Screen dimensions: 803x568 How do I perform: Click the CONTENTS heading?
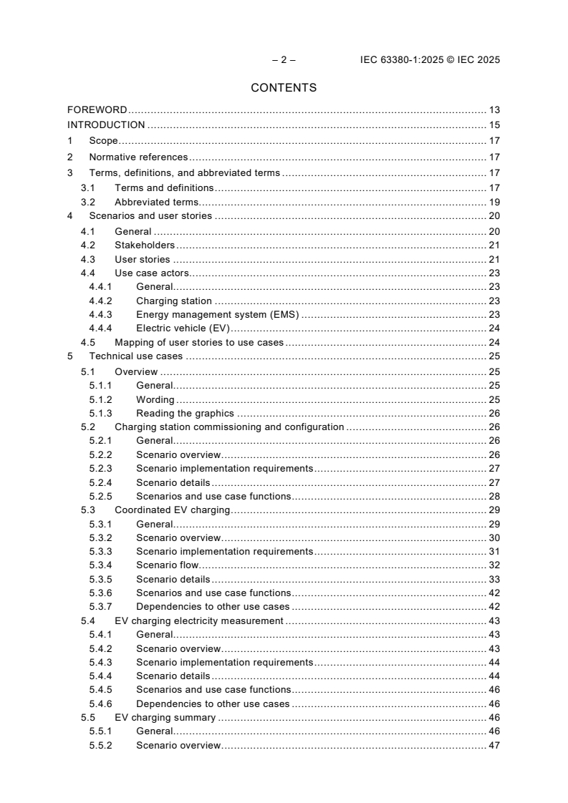point(284,88)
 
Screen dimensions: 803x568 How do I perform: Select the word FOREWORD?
point(97,110)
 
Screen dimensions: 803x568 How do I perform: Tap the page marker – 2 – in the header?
point(284,60)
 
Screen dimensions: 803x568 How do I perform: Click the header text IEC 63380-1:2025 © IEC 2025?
point(430,60)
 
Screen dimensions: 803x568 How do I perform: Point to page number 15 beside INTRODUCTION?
point(494,125)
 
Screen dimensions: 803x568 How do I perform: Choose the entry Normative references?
point(138,157)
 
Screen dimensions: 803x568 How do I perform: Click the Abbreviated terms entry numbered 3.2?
point(156,203)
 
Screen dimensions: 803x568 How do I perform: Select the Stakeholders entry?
point(145,245)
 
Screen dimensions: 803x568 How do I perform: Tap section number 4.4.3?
point(100,314)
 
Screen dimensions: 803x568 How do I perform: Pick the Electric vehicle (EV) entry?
point(182,328)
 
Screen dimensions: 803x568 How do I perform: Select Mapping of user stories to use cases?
point(199,343)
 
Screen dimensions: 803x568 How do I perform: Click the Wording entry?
point(155,400)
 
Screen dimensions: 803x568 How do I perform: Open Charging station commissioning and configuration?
point(229,427)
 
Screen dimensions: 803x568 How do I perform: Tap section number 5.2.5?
point(100,497)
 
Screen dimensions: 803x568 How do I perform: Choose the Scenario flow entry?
point(168,565)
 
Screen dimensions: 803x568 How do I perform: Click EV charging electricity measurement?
point(199,620)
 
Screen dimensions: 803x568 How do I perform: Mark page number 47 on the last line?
point(494,745)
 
